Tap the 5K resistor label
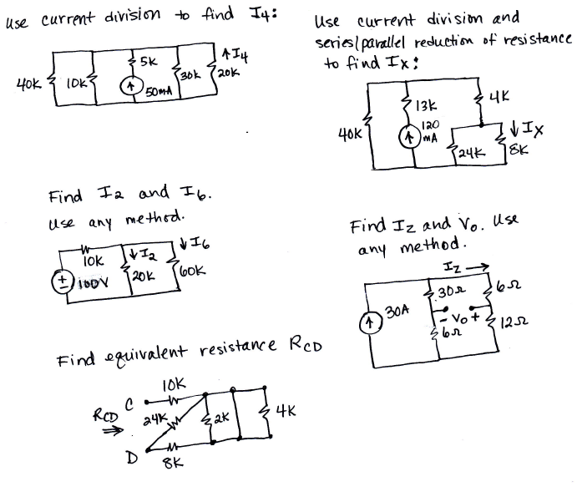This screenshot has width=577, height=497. click(149, 61)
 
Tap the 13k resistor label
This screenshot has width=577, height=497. click(423, 107)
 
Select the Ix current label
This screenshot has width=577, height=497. click(529, 129)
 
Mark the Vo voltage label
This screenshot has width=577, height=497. click(463, 317)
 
